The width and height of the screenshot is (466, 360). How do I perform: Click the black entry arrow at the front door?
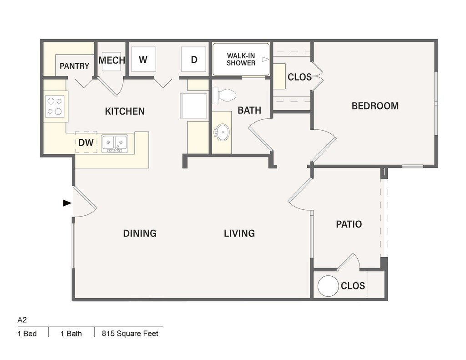click(67, 203)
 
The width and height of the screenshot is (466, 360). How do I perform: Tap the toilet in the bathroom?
click(224, 96)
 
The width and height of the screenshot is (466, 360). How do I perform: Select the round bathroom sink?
click(222, 132)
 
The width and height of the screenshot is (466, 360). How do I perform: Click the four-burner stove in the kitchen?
click(55, 106)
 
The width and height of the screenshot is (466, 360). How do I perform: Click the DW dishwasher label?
click(86, 143)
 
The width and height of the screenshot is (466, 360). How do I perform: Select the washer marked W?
click(143, 60)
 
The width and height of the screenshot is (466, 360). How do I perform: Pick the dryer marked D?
click(194, 60)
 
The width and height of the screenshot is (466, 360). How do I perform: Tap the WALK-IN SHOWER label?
click(241, 59)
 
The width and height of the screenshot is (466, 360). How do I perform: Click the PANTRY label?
click(74, 66)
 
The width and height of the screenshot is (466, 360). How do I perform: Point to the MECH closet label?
click(112, 61)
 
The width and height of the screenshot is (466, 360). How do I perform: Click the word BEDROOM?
click(375, 106)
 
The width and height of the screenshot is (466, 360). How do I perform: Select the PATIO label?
click(349, 224)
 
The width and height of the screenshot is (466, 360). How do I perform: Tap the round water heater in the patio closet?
click(328, 286)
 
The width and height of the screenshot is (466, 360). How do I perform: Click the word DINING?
click(140, 233)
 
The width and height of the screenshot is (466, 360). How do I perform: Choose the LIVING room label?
click(239, 233)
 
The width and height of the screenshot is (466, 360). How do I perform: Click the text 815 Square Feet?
click(130, 334)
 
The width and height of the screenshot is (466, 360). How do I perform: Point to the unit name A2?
click(22, 320)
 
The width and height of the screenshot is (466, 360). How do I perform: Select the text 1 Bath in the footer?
click(71, 334)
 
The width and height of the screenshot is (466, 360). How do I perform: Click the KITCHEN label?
click(125, 111)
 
